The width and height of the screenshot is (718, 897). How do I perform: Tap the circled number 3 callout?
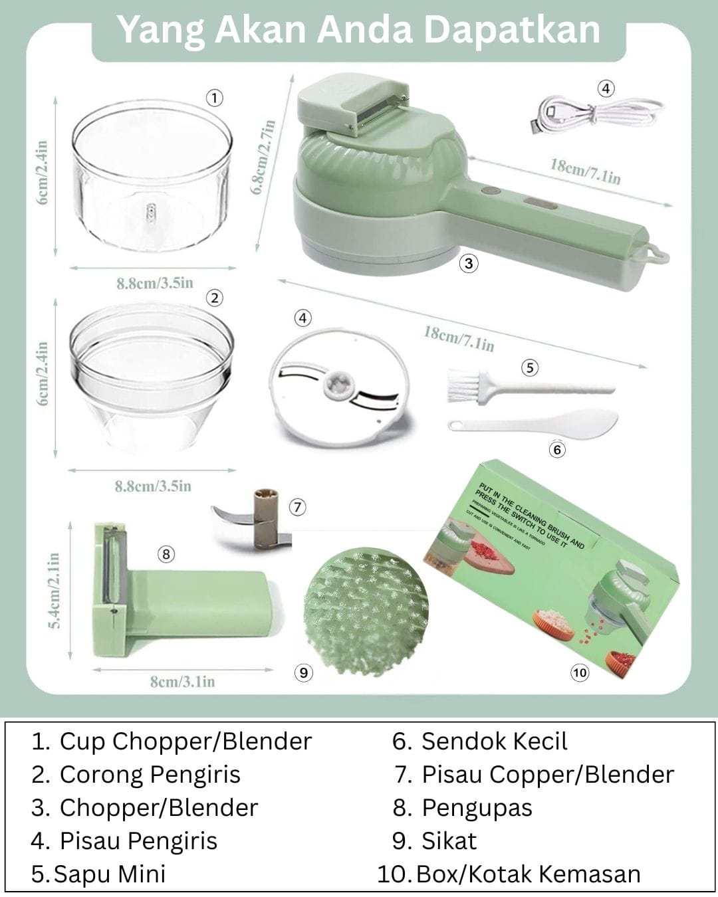(x=469, y=264)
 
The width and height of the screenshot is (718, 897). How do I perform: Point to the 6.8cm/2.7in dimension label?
(x=263, y=157)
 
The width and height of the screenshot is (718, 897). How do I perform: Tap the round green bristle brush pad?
(x=365, y=605)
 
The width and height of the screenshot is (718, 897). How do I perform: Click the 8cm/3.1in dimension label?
(x=182, y=682)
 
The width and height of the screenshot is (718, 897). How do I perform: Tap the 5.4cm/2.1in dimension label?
(x=56, y=589)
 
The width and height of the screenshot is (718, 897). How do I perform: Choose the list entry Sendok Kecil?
(x=494, y=742)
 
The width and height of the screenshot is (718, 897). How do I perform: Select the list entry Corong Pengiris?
(x=150, y=775)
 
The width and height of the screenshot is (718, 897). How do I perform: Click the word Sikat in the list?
(x=449, y=841)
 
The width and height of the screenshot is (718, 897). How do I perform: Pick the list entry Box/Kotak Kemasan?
(x=528, y=874)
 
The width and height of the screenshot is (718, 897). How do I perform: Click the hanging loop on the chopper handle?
(x=658, y=254)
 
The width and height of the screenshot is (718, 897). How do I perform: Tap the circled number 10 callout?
(x=580, y=672)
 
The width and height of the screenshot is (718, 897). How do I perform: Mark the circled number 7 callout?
(x=297, y=507)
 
